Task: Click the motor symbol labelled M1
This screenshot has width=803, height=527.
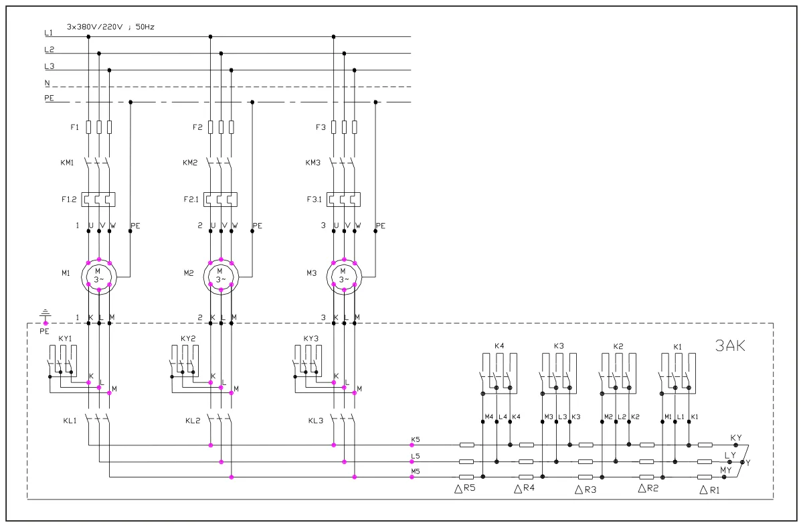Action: pyautogui.click(x=99, y=275)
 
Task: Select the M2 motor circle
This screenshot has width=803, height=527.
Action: pyautogui.click(x=220, y=275)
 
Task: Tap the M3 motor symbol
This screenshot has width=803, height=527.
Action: pyautogui.click(x=344, y=275)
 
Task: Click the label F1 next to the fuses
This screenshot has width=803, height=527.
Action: pyautogui.click(x=74, y=127)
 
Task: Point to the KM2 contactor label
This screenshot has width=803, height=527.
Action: pyautogui.click(x=190, y=163)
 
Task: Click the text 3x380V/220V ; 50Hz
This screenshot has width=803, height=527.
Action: pyautogui.click(x=110, y=27)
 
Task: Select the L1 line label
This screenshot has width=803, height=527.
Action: pyautogui.click(x=48, y=33)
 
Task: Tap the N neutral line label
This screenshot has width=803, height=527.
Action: pyautogui.click(x=48, y=83)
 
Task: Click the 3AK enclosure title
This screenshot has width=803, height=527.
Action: pyautogui.click(x=730, y=346)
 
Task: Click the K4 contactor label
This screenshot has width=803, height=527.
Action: pyautogui.click(x=499, y=346)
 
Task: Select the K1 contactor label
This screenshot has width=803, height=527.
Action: pyautogui.click(x=677, y=346)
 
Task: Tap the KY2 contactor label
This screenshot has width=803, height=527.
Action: pyautogui.click(x=188, y=338)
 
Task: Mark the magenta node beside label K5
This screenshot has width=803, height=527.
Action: pyautogui.click(x=412, y=445)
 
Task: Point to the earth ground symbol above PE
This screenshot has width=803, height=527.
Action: pyautogui.click(x=45, y=312)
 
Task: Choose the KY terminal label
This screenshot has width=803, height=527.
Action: pyautogui.click(x=736, y=437)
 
